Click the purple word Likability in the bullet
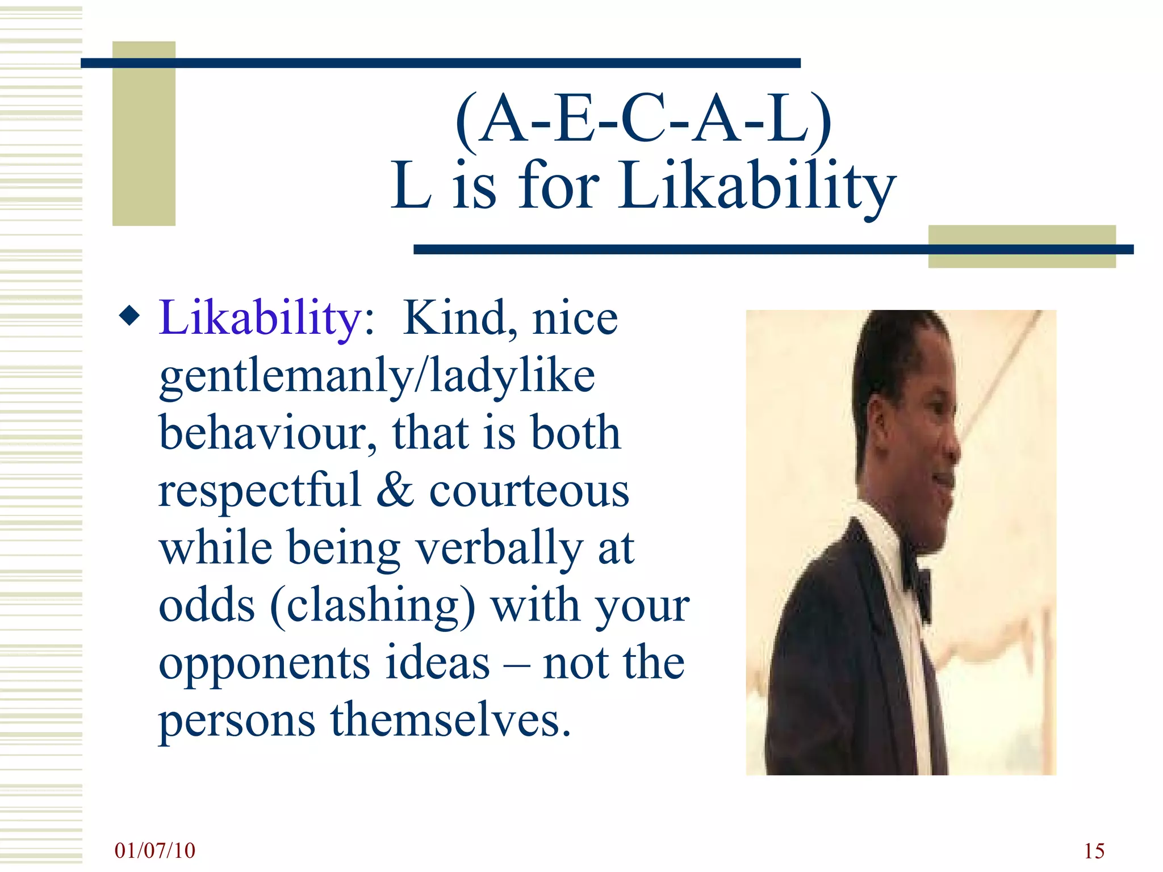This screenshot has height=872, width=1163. (260, 318)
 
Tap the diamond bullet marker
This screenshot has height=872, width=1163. (130, 316)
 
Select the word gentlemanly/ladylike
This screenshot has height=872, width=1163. (377, 376)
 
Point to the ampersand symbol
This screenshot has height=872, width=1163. (395, 489)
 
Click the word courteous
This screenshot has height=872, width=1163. (529, 491)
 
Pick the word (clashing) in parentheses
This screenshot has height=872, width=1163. (373, 605)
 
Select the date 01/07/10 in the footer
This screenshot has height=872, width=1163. (154, 850)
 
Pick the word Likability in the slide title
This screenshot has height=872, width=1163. (758, 186)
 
